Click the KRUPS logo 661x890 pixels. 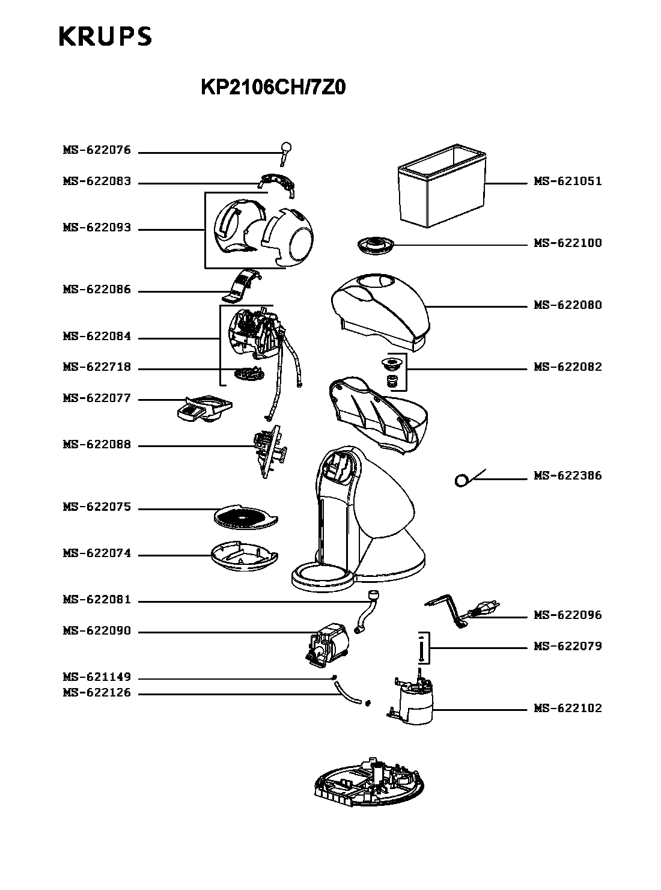click(x=105, y=37)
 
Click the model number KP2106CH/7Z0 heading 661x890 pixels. click(x=273, y=88)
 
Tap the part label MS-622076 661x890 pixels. click(x=97, y=150)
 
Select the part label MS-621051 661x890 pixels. click(x=567, y=181)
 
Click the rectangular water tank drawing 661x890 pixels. click(x=442, y=186)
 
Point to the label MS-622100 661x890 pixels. click(x=567, y=243)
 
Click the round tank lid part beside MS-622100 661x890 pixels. click(x=376, y=245)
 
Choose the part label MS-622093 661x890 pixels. click(x=97, y=228)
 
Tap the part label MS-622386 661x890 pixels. click(x=567, y=475)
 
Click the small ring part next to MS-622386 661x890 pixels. click(x=461, y=481)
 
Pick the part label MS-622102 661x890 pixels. click(x=567, y=709)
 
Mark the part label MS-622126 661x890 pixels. click(x=97, y=692)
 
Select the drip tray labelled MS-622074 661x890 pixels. click(x=245, y=556)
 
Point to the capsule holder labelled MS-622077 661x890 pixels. click(x=204, y=409)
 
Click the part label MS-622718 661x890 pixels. click(x=97, y=367)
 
